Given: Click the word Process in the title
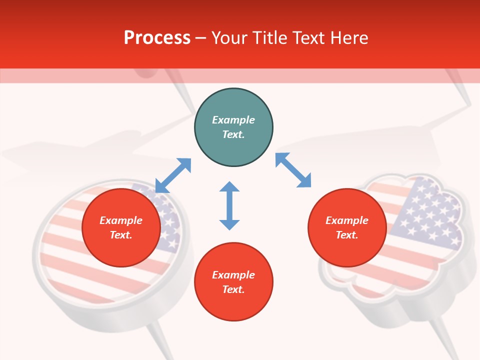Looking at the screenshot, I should point(157,38).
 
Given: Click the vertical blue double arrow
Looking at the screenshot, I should point(229,205).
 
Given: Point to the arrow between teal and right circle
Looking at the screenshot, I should point(293,170).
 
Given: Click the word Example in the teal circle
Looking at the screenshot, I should point(233,120).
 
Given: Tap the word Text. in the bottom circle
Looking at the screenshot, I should point(233,290).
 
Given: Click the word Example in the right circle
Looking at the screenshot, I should point(347,220).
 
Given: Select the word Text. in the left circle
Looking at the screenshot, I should point(121,235).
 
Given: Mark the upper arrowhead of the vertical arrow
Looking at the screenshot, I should point(229,187).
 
